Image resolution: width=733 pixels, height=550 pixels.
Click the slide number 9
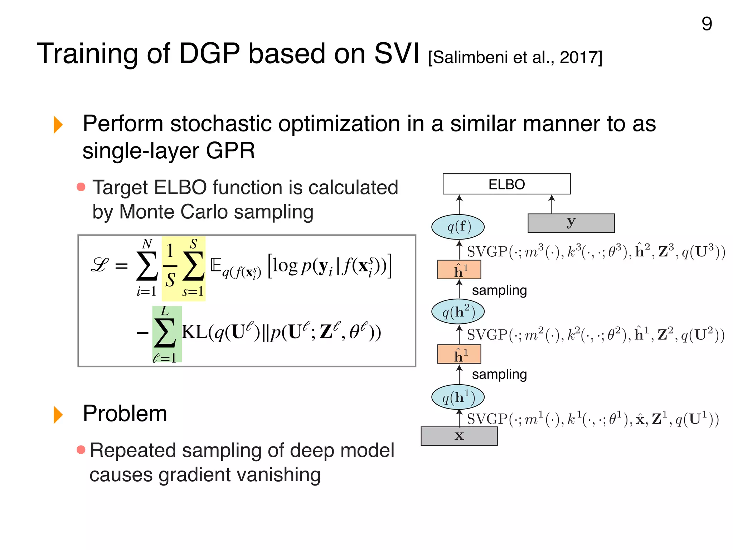(707, 24)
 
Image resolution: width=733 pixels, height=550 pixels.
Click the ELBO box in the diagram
(506, 184)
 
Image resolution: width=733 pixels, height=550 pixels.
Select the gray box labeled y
(571, 223)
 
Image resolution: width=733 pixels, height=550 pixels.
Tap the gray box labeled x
(459, 436)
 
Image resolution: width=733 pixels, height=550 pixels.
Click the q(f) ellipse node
(458, 227)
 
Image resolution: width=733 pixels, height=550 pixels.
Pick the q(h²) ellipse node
(458, 312)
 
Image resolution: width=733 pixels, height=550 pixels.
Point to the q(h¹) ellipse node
(458, 397)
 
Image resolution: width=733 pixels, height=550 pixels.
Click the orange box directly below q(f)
(459, 270)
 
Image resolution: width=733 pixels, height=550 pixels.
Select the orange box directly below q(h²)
(459, 354)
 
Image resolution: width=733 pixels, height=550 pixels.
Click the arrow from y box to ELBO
(552, 204)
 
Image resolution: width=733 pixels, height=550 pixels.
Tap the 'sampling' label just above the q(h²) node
(499, 290)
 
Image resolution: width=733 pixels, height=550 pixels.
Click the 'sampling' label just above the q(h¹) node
(499, 374)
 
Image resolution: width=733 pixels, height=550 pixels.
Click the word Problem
(125, 414)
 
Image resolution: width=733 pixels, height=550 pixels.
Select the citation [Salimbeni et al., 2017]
(515, 57)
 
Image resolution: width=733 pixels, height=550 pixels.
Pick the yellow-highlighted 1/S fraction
(170, 266)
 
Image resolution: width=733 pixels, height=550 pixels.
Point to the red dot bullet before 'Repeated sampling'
(81, 450)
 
